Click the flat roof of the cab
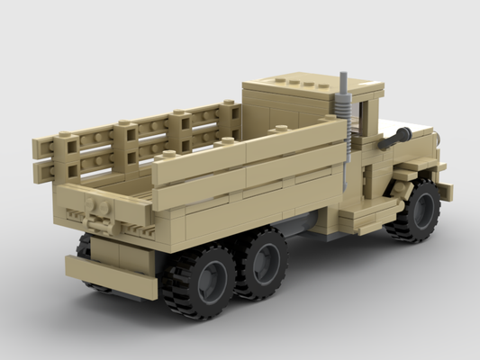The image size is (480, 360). click(306, 86)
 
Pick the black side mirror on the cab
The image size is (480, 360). click(393, 139)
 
